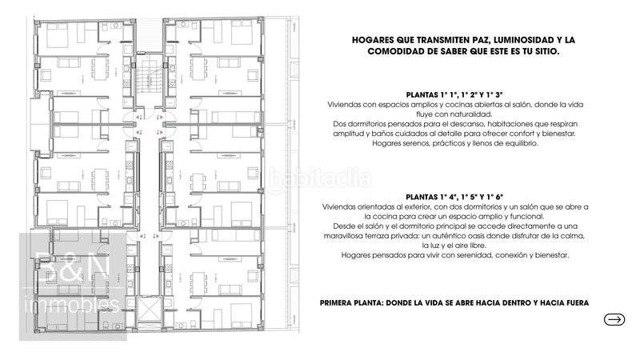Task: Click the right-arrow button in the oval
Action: coord(614,320)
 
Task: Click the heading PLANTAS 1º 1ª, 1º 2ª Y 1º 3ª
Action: coord(454,94)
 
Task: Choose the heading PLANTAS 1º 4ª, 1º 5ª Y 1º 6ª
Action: coord(454,195)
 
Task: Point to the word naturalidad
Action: coord(474,114)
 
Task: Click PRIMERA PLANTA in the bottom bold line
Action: coord(353,303)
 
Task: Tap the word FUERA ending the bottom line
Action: coord(574,303)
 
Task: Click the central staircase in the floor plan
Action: coord(149,80)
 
